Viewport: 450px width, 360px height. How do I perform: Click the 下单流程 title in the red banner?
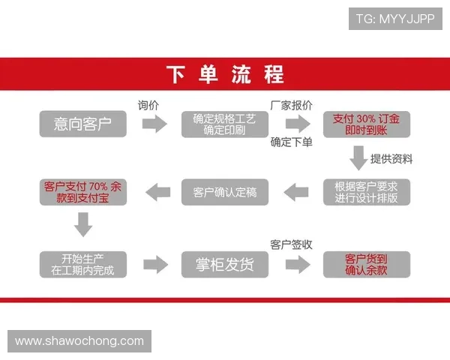tap(225, 74)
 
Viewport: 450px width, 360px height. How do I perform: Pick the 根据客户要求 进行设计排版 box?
tap(366, 192)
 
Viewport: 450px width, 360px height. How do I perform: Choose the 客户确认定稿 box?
tap(224, 192)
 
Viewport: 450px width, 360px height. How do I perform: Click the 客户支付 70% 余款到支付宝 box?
tap(82, 192)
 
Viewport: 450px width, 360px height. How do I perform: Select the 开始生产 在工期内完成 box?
tap(82, 264)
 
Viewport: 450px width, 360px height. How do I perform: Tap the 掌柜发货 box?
tap(224, 264)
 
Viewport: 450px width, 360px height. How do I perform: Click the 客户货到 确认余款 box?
tap(366, 264)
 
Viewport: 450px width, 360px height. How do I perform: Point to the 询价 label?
tap(148, 105)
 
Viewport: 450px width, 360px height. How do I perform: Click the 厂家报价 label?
tap(291, 105)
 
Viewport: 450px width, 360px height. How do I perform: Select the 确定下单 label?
tap(291, 142)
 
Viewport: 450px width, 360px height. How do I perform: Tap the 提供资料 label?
tap(391, 158)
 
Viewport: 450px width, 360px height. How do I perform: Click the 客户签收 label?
tap(291, 244)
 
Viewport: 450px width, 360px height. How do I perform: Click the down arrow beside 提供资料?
tap(358, 157)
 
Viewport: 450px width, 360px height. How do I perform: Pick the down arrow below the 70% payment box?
tap(82, 224)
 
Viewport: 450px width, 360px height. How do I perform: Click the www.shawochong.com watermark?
tap(79, 341)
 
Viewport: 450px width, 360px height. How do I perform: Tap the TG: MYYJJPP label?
tap(395, 18)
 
